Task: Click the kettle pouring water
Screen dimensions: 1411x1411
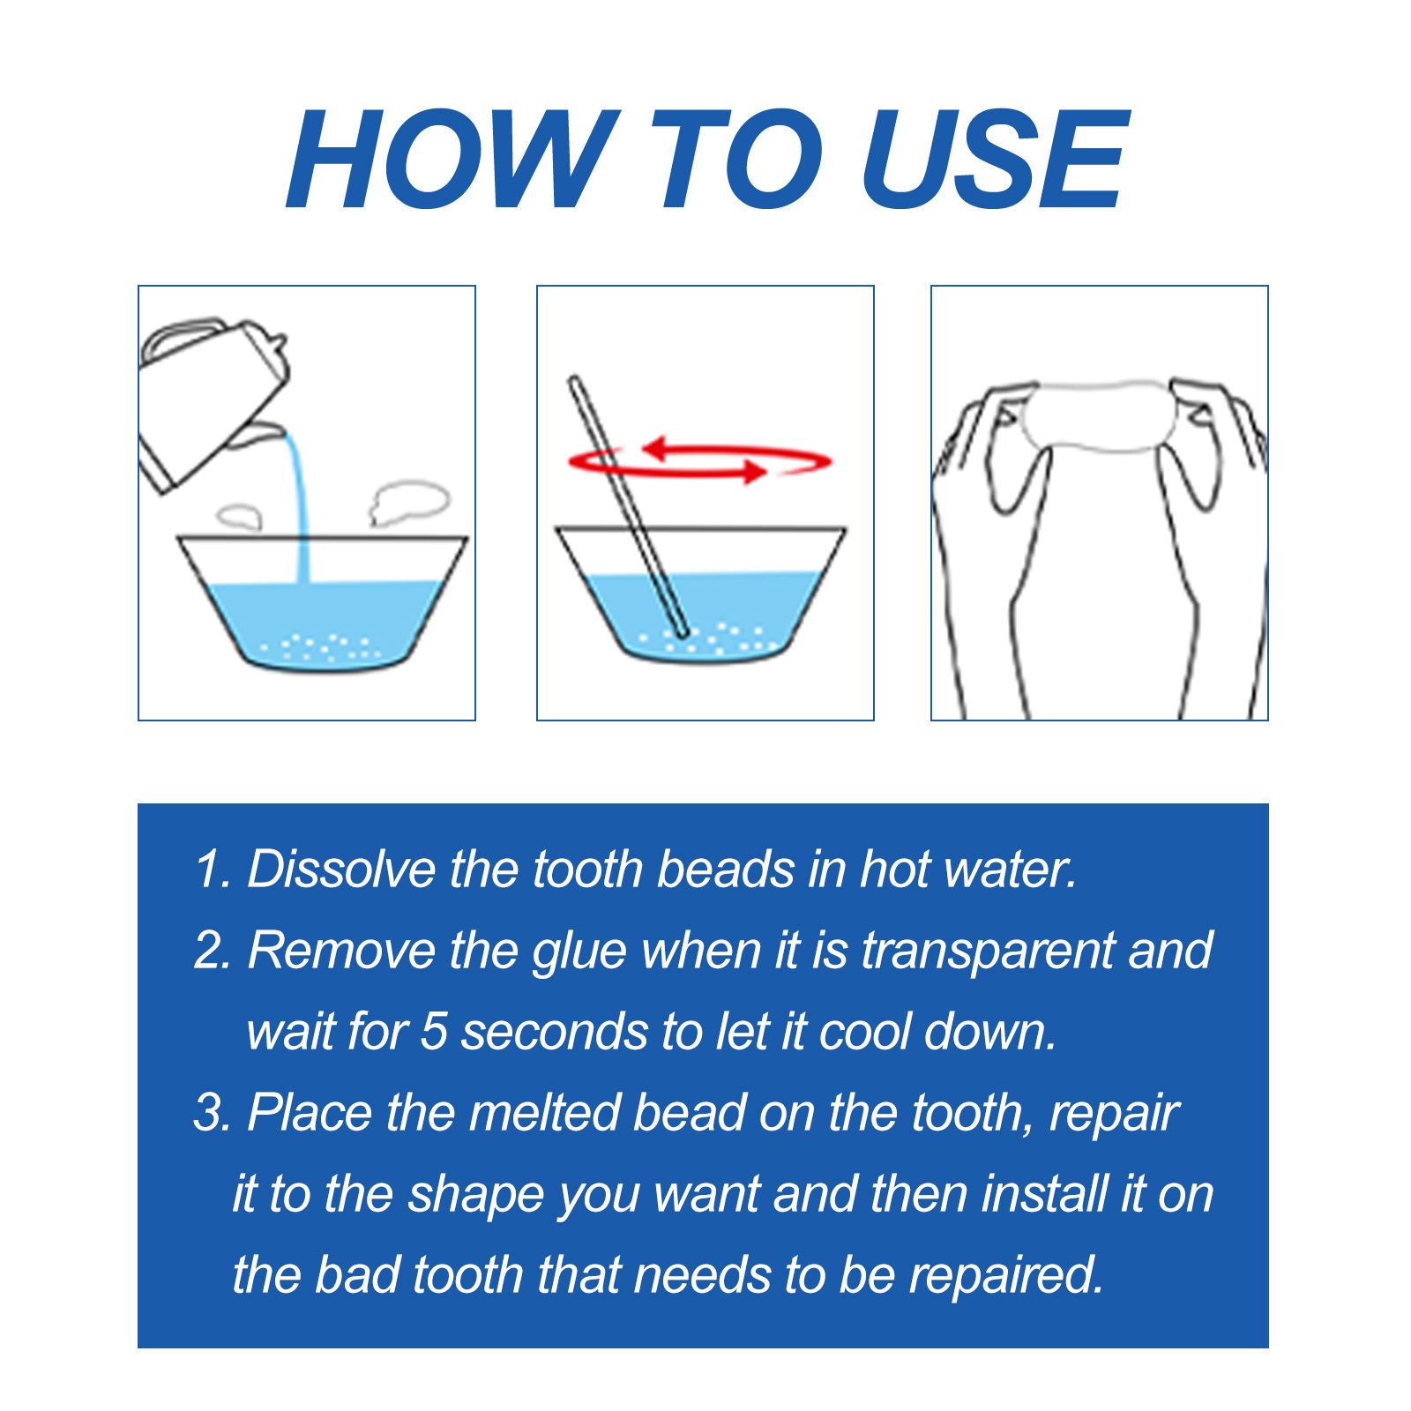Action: [x=212, y=397]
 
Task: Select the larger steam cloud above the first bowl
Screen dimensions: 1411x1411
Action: [x=410, y=501]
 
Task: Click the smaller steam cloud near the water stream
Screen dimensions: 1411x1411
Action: [x=239, y=515]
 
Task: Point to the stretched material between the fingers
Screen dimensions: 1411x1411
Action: [x=1098, y=414]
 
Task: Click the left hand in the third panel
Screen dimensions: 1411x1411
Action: [x=988, y=529]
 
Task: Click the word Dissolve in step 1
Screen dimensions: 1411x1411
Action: [x=340, y=870]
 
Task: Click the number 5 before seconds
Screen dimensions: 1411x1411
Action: [x=434, y=1032]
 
